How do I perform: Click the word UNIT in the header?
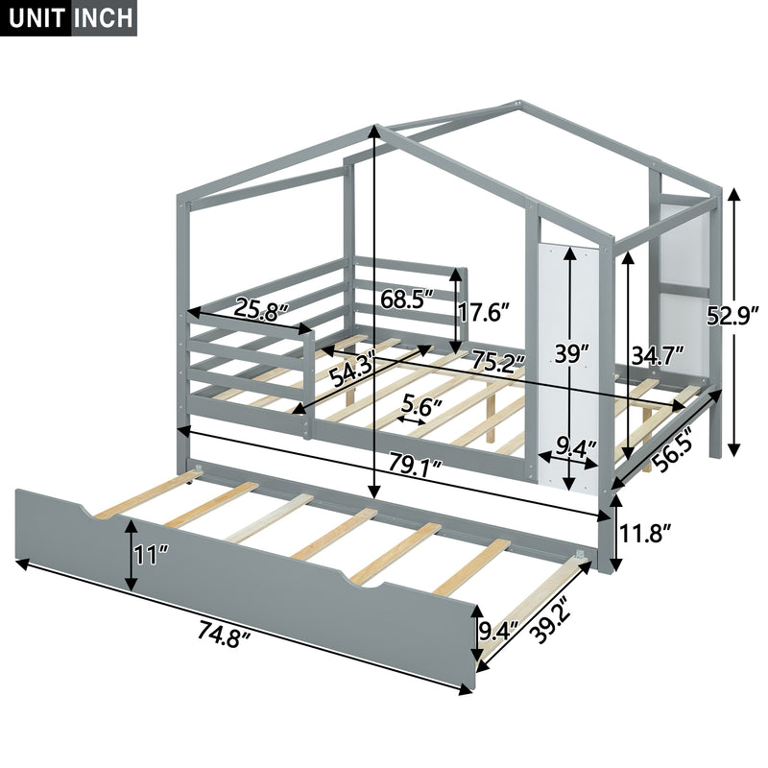click(35, 19)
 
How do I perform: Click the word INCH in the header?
click(103, 19)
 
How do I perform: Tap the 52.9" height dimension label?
click(733, 315)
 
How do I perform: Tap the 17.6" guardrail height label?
click(485, 311)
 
